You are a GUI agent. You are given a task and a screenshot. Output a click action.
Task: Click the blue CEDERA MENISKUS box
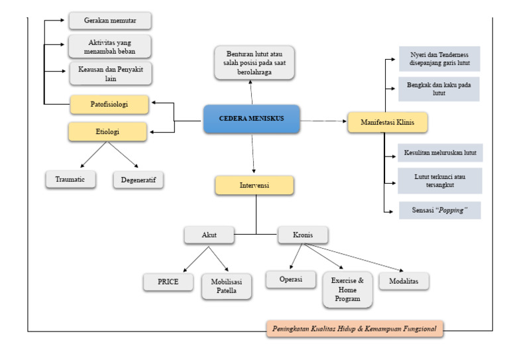[251, 119]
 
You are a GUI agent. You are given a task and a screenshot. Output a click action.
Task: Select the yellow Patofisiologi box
[109, 104]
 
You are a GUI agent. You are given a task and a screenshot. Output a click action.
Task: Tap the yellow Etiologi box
[107, 131]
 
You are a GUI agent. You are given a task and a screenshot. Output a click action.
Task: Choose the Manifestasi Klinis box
[387, 122]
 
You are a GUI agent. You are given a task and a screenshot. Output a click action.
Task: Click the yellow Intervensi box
[254, 185]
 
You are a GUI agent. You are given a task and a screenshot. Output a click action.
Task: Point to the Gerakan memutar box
[109, 20]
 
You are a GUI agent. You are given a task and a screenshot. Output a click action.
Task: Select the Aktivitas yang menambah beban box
[109, 46]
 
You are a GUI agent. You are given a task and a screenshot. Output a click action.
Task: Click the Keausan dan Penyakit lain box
[109, 73]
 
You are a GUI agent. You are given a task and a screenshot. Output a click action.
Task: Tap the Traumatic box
[70, 179]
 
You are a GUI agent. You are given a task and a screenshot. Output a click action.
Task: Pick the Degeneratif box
[138, 180]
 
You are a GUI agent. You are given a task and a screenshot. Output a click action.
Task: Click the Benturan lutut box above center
[254, 62]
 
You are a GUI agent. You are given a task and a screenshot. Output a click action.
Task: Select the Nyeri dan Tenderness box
[439, 58]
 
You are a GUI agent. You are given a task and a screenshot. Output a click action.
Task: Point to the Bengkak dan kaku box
[439, 89]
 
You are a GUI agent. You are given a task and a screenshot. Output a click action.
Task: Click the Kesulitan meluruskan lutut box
[439, 152]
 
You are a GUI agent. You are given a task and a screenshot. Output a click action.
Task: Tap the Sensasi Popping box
[439, 210]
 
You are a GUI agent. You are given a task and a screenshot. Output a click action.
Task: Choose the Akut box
[209, 234]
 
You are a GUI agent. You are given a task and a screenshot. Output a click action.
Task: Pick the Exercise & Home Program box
[347, 290]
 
